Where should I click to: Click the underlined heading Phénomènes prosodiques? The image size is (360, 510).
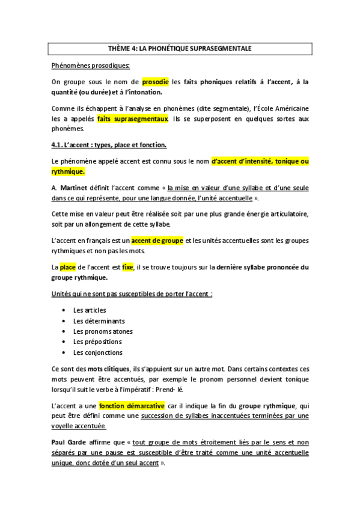click(90, 64)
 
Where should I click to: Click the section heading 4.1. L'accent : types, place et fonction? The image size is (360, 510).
click(109, 145)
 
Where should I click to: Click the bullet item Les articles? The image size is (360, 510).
click(90, 310)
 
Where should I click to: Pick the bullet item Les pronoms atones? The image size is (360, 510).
click(103, 331)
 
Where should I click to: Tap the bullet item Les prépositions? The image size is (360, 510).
click(98, 342)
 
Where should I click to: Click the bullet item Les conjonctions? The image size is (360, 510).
click(98, 352)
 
